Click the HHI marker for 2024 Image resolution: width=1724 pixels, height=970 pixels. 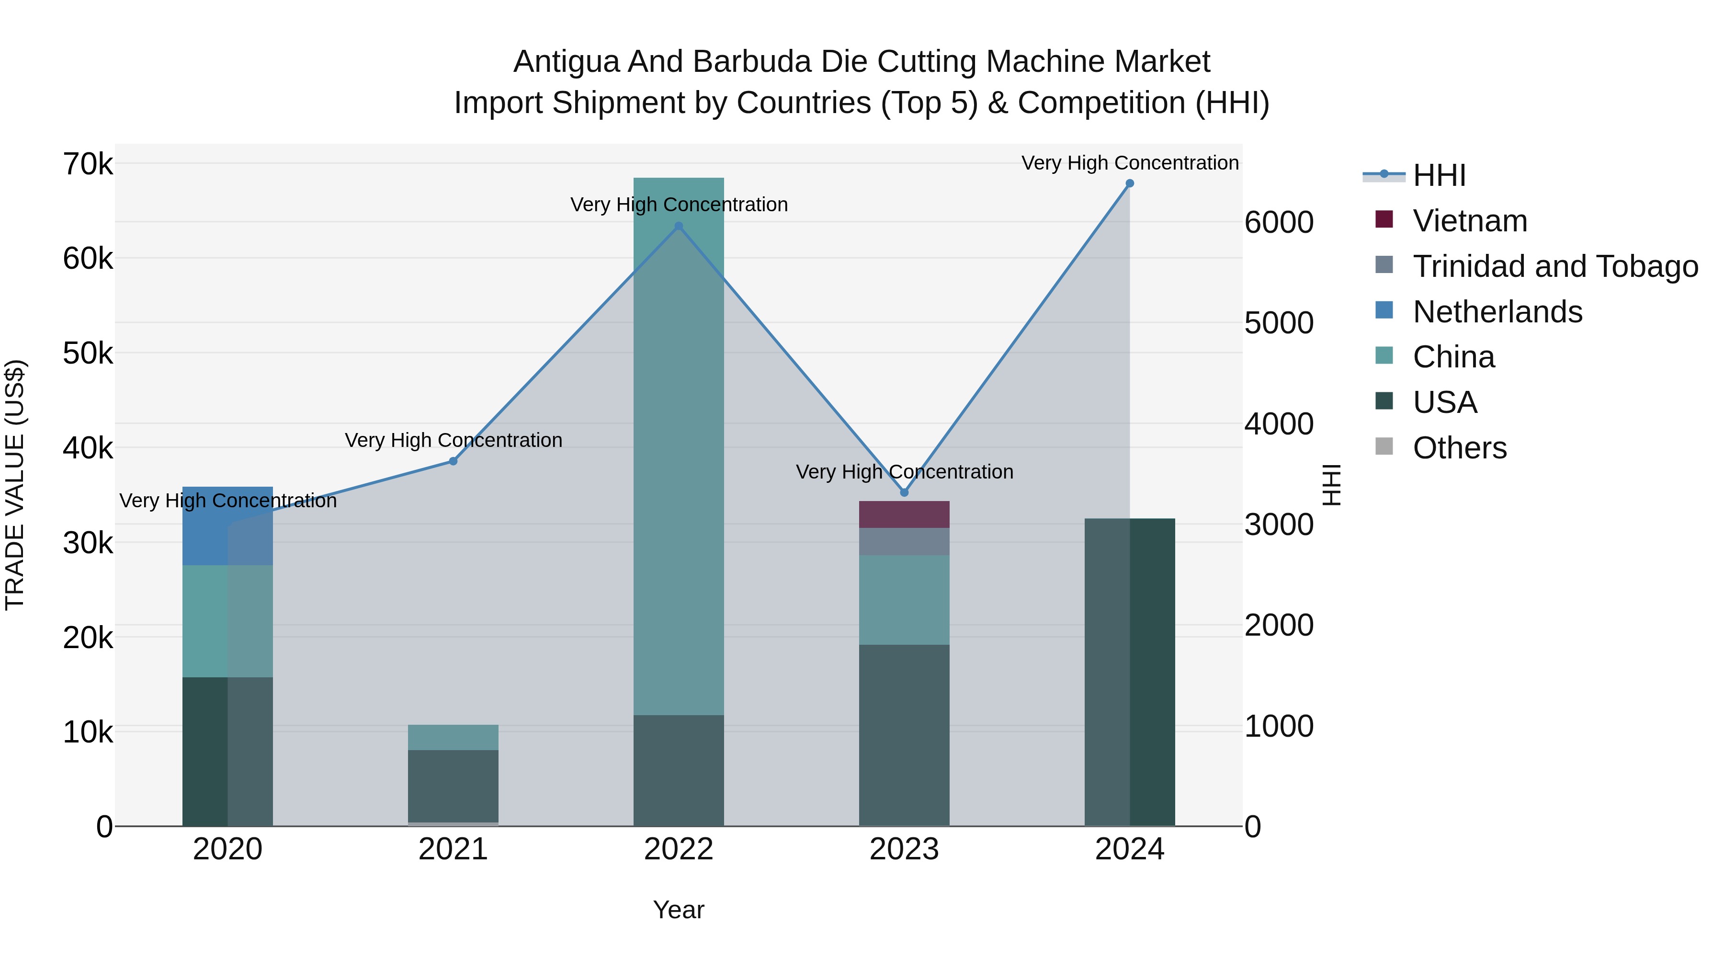tap(1129, 183)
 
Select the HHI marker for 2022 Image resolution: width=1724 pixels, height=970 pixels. tap(679, 226)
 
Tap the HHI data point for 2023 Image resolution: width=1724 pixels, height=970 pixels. tap(904, 493)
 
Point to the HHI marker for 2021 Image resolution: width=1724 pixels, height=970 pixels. tap(453, 461)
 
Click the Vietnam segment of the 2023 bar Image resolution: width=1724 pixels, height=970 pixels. tap(904, 514)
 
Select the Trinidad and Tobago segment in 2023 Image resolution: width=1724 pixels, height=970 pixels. tap(904, 541)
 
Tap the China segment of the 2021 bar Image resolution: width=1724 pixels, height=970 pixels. tap(453, 737)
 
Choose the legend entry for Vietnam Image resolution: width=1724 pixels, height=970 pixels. tap(1470, 221)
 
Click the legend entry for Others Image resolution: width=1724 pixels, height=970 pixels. tap(1459, 448)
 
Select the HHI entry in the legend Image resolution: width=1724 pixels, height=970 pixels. tap(1439, 175)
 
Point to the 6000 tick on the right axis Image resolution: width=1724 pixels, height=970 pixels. tap(1278, 222)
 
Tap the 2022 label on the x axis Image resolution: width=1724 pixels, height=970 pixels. tap(679, 849)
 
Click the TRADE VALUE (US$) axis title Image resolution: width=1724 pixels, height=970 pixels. tap(15, 485)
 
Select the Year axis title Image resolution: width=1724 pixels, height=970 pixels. tap(679, 910)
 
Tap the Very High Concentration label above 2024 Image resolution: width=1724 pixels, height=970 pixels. tap(1129, 163)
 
